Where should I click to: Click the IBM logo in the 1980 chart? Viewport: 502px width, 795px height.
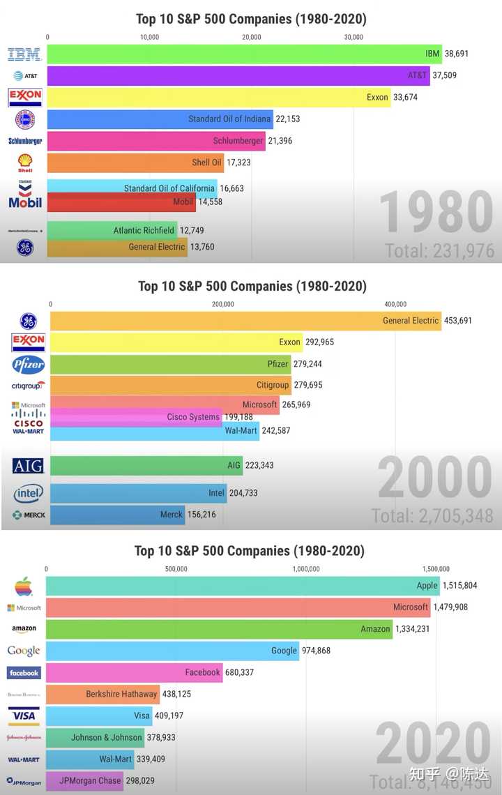[24, 54]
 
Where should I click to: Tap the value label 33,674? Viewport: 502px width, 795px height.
[406, 98]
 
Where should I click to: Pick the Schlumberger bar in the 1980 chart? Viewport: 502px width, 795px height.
[156, 141]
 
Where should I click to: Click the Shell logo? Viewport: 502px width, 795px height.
[25, 163]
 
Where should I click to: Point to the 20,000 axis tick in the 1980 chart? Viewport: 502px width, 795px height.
[252, 37]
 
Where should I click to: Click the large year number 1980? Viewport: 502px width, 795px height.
[436, 212]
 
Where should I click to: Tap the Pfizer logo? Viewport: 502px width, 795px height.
[29, 364]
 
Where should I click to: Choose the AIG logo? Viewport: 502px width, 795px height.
[29, 466]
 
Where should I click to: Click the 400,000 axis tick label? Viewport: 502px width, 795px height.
[395, 303]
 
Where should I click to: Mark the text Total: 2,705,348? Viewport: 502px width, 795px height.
[432, 516]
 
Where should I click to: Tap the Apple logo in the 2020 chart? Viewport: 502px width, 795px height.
[24, 586]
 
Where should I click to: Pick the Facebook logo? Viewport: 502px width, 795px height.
[24, 673]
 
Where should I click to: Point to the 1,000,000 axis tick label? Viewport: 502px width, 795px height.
[306, 568]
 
